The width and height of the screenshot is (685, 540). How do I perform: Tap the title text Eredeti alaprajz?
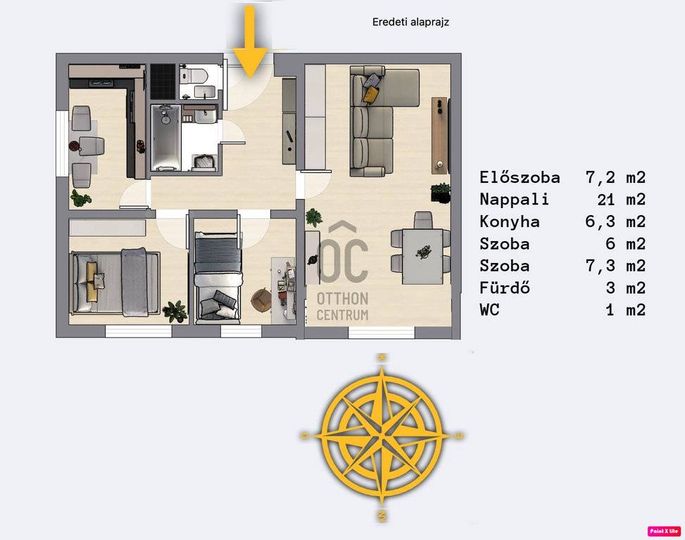click(x=410, y=22)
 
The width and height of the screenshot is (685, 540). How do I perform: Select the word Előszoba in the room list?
click(x=520, y=177)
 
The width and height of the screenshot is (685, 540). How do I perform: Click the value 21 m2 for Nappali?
click(x=621, y=200)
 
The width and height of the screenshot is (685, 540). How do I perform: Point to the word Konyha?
click(x=510, y=221)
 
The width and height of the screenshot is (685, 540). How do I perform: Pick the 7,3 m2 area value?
click(x=615, y=266)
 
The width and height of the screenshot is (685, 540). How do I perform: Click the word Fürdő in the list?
click(x=505, y=288)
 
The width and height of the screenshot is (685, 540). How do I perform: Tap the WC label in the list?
click(x=489, y=310)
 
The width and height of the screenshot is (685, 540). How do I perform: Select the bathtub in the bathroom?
click(x=165, y=137)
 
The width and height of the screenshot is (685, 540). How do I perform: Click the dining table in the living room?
click(x=422, y=257)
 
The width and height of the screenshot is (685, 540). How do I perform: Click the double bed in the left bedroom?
click(x=115, y=282)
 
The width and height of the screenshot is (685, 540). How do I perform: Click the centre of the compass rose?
click(x=382, y=435)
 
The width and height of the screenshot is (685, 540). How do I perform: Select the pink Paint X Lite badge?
click(x=664, y=531)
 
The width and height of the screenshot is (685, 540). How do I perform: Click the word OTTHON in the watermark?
click(x=342, y=299)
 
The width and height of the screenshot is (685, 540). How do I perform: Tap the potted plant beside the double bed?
click(x=175, y=311)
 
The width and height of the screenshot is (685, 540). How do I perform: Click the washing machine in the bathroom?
click(x=204, y=162)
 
